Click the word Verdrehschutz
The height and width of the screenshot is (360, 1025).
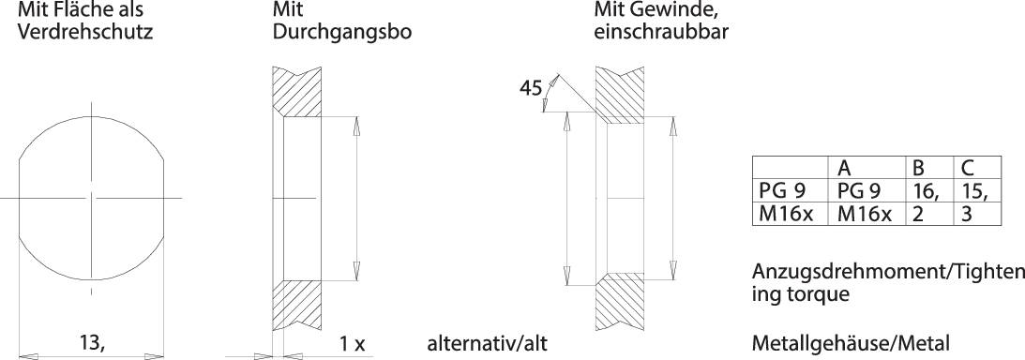click(x=80, y=32)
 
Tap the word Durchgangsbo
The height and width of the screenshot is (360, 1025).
click(x=342, y=32)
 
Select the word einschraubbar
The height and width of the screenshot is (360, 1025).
click(x=661, y=32)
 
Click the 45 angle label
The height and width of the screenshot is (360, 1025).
click(x=531, y=88)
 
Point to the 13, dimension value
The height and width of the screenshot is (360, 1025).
click(x=91, y=344)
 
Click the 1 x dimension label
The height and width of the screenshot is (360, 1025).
click(x=353, y=344)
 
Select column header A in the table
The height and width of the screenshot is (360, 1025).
click(x=844, y=168)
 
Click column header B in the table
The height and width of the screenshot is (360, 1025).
click(x=918, y=168)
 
